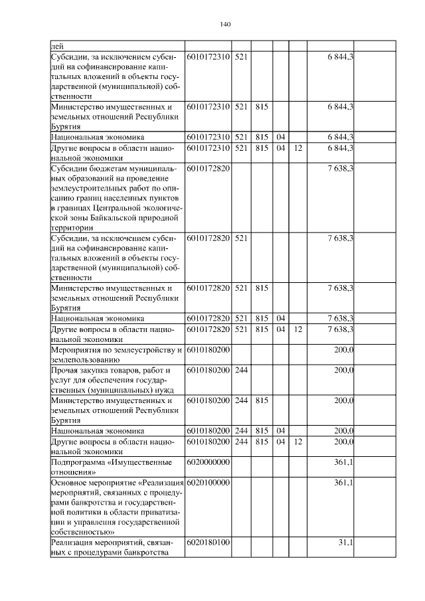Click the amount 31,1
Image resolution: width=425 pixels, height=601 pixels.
point(345,543)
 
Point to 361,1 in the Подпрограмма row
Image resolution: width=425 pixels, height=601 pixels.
point(343,462)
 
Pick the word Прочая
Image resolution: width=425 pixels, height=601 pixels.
point(66,369)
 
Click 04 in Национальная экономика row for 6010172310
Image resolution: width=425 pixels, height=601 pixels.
point(280,137)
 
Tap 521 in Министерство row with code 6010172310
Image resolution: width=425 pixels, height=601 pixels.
point(241,106)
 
